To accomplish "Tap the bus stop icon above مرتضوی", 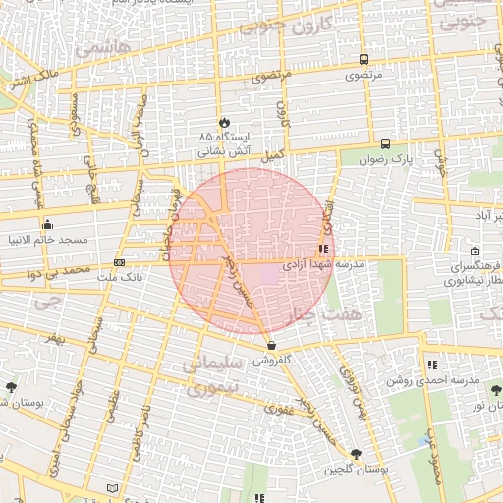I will (x=364, y=59).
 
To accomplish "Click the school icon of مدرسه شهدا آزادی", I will (x=323, y=250).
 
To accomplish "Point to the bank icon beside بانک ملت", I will (x=120, y=262).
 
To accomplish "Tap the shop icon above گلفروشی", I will (x=271, y=345).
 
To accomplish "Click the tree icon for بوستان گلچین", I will (x=356, y=454).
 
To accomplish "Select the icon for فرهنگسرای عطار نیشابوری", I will (x=475, y=251).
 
